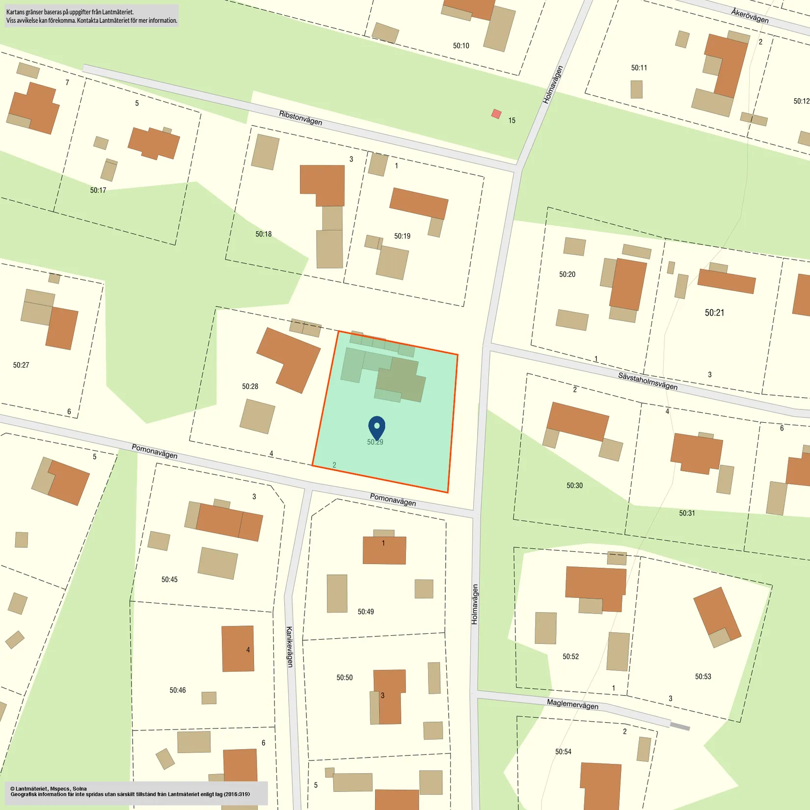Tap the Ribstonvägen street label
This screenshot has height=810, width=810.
(x=300, y=118)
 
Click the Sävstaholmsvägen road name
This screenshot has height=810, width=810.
(x=648, y=381)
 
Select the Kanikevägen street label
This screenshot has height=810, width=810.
(x=289, y=647)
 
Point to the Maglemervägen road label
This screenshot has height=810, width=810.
(x=572, y=704)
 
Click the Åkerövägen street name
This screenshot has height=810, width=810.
(x=750, y=15)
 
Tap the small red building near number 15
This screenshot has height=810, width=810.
(x=496, y=114)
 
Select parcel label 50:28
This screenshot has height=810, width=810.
(x=250, y=386)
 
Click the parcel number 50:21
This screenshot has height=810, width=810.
(x=714, y=313)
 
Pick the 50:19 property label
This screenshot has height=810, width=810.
(x=402, y=236)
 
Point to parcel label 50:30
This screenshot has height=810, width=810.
(x=574, y=486)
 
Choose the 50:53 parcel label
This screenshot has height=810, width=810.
(x=703, y=676)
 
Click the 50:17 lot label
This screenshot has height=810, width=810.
(x=98, y=190)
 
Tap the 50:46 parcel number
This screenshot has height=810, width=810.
(x=178, y=690)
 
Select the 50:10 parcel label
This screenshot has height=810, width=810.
(x=461, y=46)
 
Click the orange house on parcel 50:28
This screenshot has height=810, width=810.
(x=289, y=359)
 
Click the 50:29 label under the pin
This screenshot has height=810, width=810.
(x=375, y=442)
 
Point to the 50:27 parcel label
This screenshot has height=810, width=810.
(x=21, y=365)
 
